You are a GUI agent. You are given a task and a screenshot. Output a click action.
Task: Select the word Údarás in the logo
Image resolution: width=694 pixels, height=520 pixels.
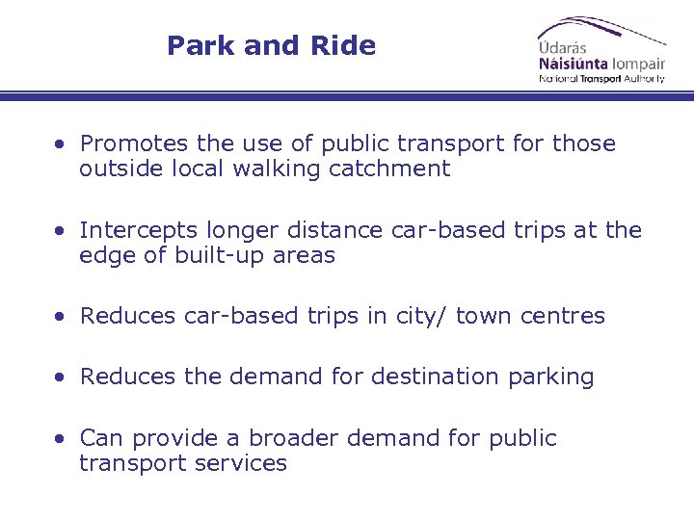[x=563, y=47]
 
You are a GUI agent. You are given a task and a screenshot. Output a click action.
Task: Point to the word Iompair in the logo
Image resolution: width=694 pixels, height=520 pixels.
[x=637, y=63]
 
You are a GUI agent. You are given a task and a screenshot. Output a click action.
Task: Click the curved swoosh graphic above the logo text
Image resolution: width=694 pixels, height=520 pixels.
[x=607, y=26]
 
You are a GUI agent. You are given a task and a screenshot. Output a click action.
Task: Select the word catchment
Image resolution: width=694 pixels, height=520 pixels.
[x=403, y=169]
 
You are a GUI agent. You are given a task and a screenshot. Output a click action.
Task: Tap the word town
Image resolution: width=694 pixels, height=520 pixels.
[x=484, y=317]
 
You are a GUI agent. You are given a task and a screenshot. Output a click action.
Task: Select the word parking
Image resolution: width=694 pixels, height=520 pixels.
[x=550, y=377]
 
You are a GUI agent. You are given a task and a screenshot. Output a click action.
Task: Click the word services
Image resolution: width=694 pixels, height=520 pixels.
[x=244, y=464]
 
